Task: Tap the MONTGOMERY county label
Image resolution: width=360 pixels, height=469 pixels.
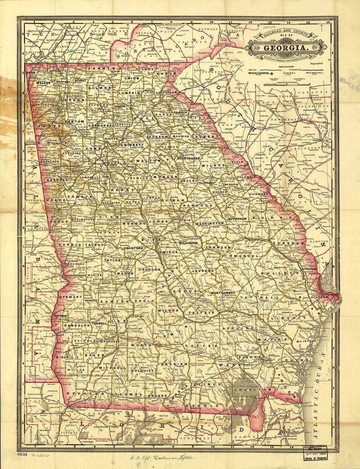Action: (x=223, y=293)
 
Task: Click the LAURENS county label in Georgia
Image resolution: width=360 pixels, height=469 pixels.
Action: (x=203, y=271)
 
